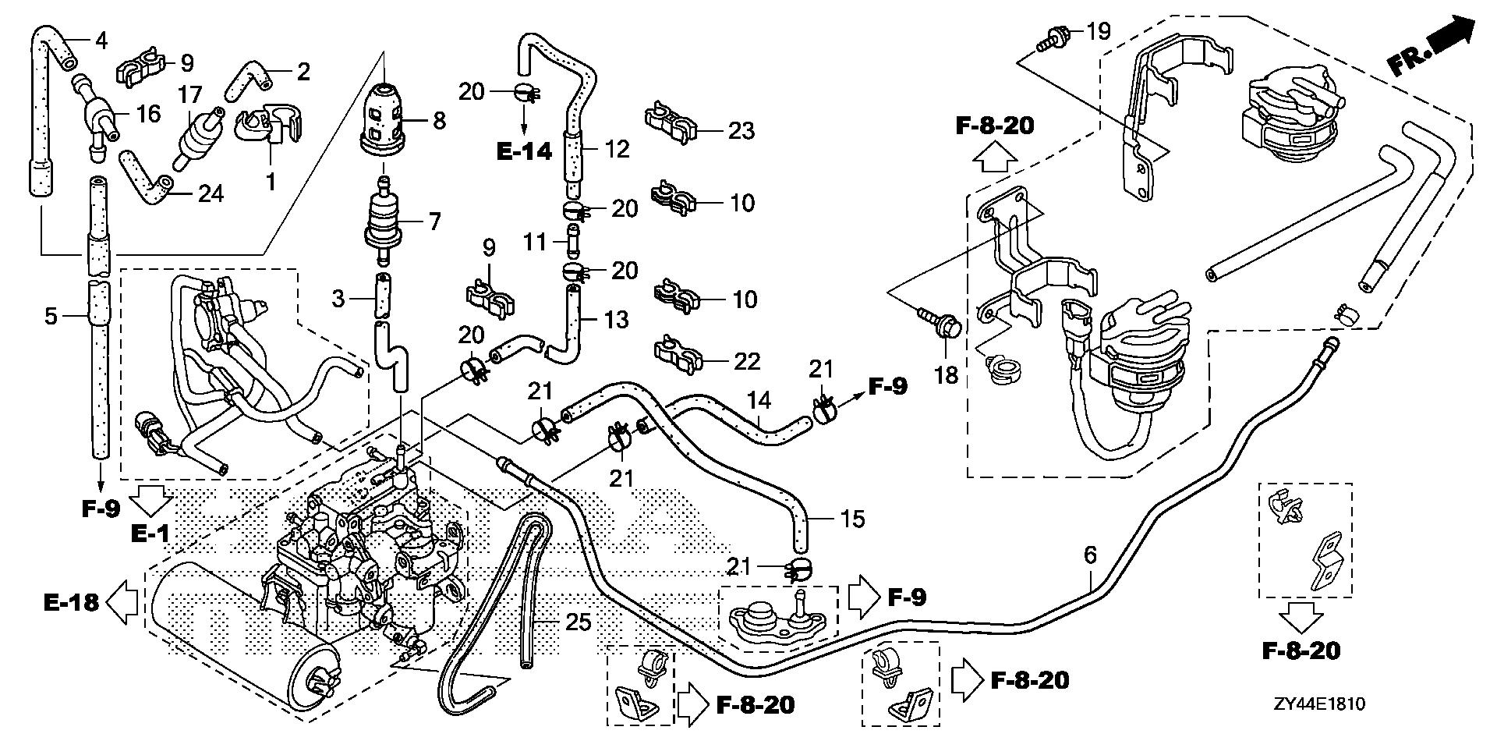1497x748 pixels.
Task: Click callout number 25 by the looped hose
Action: point(579,622)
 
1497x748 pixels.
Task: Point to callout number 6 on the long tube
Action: point(1090,555)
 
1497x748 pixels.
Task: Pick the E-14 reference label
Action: point(524,151)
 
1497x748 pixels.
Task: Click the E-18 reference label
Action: point(71,602)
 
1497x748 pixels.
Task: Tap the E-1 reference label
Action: point(150,534)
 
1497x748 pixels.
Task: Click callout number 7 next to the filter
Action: point(434,222)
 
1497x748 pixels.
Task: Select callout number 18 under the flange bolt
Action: point(946,375)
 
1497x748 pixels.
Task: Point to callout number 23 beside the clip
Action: point(741,130)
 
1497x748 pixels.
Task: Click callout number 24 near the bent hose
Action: point(210,192)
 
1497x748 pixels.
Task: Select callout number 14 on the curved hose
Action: point(759,401)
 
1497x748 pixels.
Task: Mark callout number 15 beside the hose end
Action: point(853,519)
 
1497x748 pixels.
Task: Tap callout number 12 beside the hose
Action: point(618,149)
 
